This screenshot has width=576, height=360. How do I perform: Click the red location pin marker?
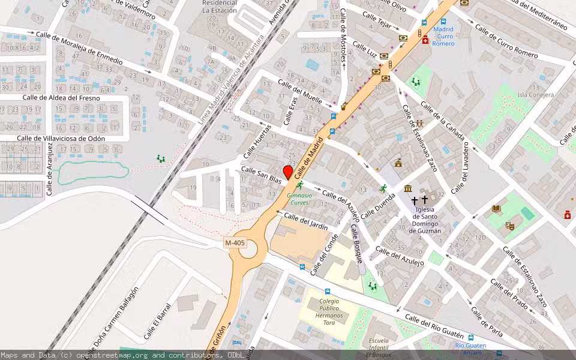(x=288, y=172)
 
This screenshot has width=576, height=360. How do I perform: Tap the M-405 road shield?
(x=235, y=242)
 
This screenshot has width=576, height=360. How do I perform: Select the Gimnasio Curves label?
(x=299, y=198)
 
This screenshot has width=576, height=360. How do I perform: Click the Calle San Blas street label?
(x=261, y=175)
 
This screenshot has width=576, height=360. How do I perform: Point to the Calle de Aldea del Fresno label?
(x=61, y=98)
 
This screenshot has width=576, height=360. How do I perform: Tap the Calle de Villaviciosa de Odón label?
(x=61, y=139)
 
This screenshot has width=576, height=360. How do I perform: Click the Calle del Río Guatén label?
(x=434, y=324)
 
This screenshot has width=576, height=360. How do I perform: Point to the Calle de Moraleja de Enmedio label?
(x=79, y=48)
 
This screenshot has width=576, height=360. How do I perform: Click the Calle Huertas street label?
(x=257, y=142)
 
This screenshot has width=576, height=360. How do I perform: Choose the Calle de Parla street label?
(x=487, y=322)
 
